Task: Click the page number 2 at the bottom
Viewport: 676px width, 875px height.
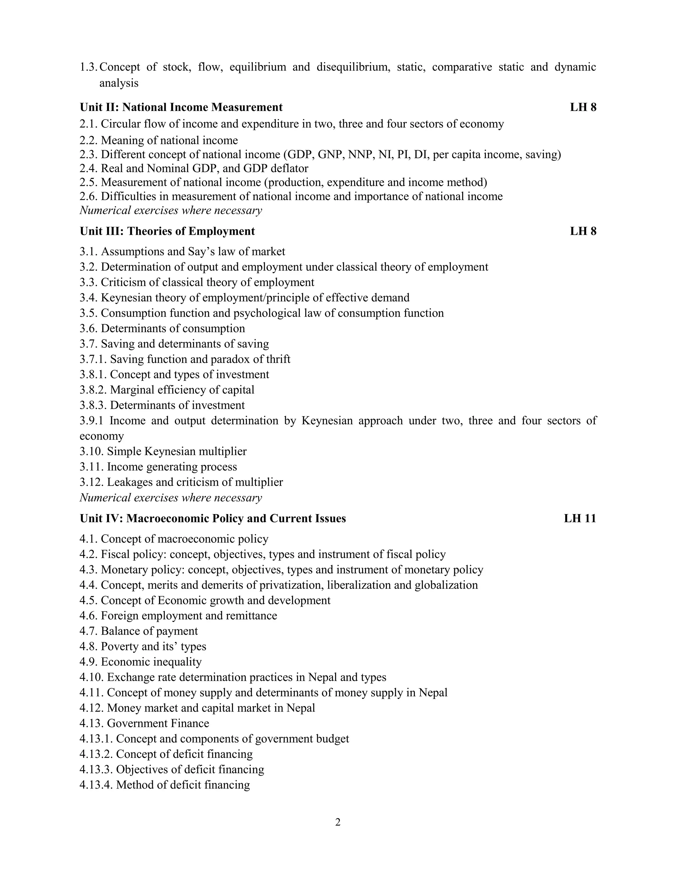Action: coord(338,822)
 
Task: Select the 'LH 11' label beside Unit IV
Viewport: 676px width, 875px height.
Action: coord(580,518)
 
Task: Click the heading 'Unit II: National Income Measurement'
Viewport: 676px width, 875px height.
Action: coord(181,107)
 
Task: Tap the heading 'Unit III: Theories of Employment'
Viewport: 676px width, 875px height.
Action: coord(167,231)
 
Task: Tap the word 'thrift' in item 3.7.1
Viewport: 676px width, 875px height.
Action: coord(278,359)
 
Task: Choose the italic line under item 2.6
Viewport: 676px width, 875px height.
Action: coord(171,210)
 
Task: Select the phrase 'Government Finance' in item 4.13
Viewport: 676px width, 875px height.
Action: coord(158,723)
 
